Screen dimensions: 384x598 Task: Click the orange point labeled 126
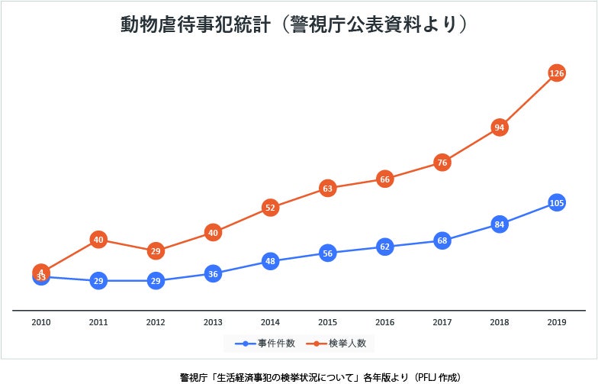pos(557,73)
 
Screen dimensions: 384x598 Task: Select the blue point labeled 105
pos(557,203)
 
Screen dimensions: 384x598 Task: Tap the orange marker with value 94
pos(500,127)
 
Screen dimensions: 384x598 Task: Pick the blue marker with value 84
pos(500,224)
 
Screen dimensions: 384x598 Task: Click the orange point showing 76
pos(442,162)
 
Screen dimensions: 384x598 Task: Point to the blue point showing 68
pos(442,240)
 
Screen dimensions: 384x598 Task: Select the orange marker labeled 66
pos(385,179)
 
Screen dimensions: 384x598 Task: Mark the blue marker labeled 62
pos(385,247)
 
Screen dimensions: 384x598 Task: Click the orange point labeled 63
pos(328,188)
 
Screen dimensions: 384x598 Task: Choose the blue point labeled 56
pos(328,253)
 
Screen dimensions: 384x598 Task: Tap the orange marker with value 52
pos(270,207)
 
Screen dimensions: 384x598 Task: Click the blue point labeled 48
pos(270,261)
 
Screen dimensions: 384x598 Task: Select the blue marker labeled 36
pos(213,274)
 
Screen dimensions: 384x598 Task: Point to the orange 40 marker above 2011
pos(98,240)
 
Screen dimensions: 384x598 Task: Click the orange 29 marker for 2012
pos(156,251)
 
